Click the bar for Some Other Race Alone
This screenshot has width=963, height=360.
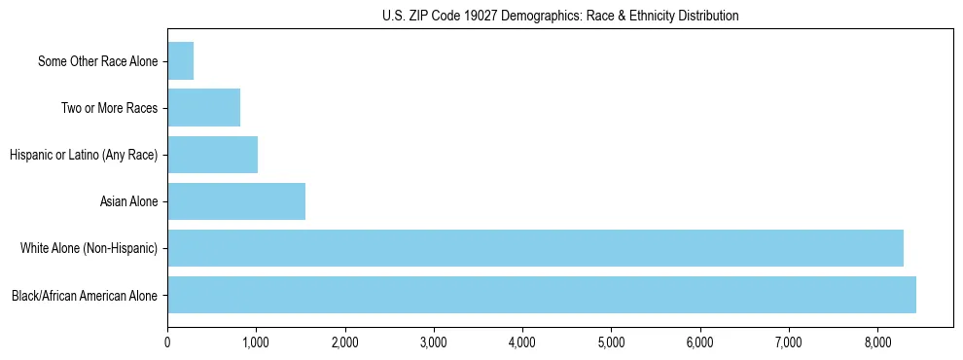181,61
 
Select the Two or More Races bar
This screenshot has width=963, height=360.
204,108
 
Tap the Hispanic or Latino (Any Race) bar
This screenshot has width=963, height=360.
213,155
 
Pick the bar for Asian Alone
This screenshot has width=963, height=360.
236,201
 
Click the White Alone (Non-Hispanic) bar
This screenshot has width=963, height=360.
535,248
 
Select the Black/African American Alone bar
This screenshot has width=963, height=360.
542,295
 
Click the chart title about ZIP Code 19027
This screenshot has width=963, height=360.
560,16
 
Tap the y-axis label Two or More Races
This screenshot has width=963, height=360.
110,108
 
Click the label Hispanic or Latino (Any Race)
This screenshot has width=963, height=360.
84,155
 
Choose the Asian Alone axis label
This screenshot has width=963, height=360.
129,201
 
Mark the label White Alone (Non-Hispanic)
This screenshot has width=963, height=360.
89,248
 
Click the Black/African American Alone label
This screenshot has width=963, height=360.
85,295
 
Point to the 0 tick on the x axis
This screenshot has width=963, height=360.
167,342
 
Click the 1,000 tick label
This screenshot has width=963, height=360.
256,342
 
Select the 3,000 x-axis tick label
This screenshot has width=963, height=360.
434,342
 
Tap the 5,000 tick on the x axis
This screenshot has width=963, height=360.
611,342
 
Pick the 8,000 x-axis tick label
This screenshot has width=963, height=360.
877,342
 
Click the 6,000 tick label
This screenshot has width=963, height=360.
700,342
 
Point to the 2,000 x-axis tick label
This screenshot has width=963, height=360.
345,342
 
